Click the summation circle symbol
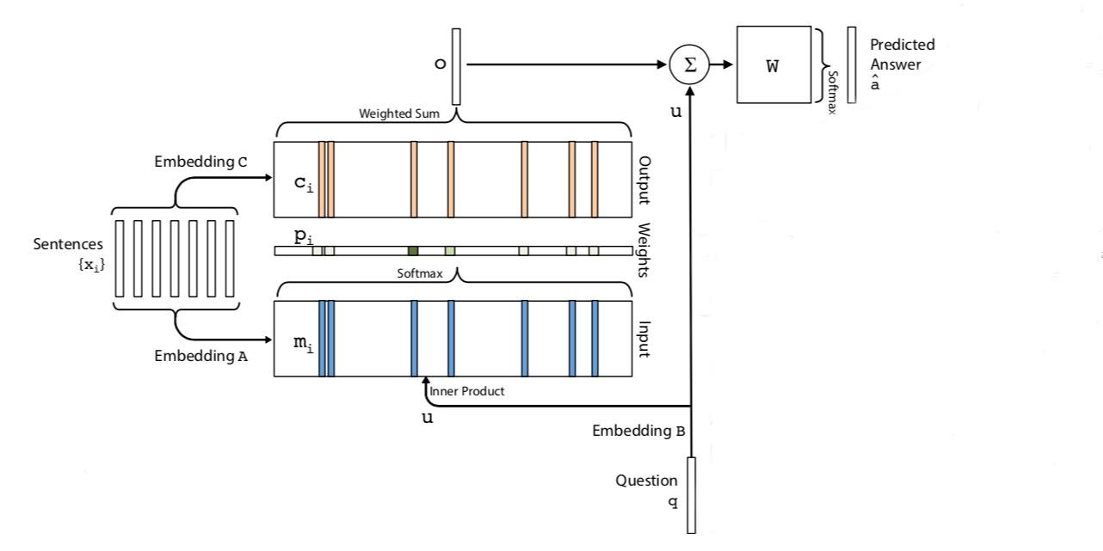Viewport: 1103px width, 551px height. (689, 64)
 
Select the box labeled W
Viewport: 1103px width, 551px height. (773, 64)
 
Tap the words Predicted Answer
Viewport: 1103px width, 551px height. (902, 54)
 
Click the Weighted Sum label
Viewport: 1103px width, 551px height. (399, 113)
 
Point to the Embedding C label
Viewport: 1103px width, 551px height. (201, 162)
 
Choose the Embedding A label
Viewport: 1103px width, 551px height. (201, 356)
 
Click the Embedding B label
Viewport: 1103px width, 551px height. (638, 431)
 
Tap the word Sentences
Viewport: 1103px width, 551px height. (68, 244)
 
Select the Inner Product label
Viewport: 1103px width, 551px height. (467, 391)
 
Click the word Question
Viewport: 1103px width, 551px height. (646, 481)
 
